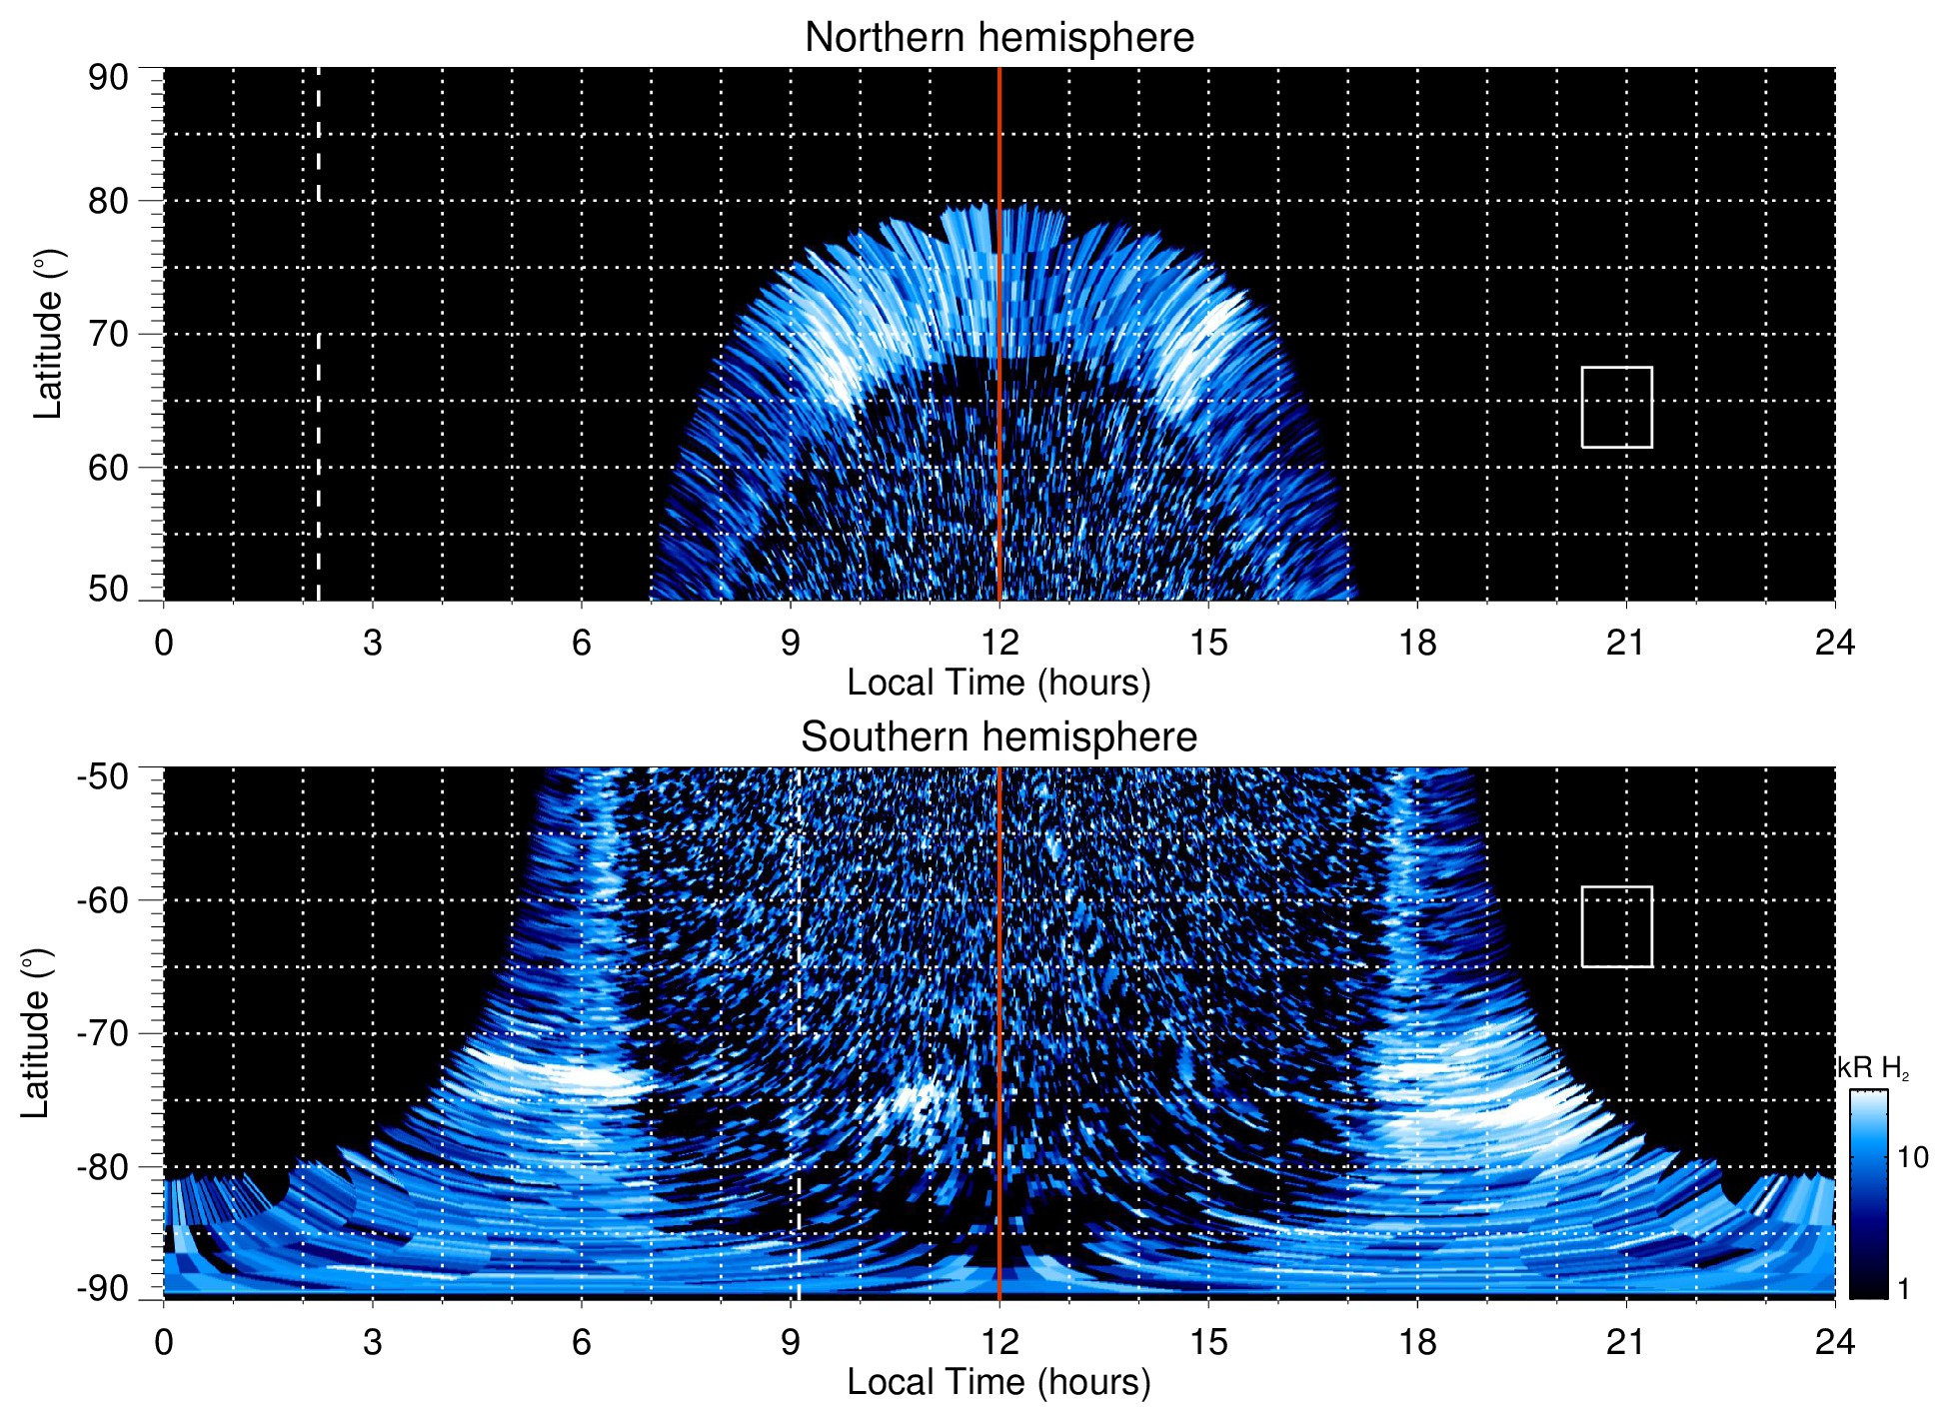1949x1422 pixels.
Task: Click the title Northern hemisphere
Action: click(x=998, y=38)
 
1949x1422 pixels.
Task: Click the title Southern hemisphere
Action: click(x=998, y=737)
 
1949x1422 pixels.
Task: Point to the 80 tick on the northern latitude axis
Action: click(x=108, y=201)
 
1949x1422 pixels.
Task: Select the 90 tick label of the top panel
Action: click(x=108, y=78)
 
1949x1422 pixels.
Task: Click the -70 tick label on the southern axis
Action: click(x=103, y=1033)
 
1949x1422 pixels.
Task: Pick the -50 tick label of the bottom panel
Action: click(x=103, y=776)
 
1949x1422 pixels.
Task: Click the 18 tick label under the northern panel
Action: click(x=1417, y=643)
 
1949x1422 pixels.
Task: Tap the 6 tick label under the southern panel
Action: click(x=581, y=1342)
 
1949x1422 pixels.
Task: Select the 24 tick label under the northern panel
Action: click(x=1834, y=643)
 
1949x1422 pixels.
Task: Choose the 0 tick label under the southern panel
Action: click(x=164, y=1342)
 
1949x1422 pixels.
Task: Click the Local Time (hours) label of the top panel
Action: click(x=998, y=683)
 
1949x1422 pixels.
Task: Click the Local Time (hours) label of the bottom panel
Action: click(x=998, y=1382)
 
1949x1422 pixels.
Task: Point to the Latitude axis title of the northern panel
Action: click(x=48, y=334)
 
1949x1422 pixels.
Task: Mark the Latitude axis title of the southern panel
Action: click(x=36, y=1033)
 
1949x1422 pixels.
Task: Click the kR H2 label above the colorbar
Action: click(x=1873, y=1068)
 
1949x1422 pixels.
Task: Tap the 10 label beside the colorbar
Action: click(x=1912, y=1157)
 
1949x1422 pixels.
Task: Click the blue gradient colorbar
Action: click(x=1867, y=1194)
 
